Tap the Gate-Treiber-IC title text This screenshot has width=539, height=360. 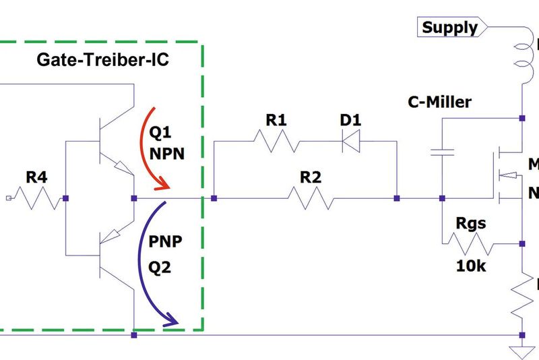point(102,61)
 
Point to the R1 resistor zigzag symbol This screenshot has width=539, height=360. point(276,142)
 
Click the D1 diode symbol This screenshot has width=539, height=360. point(350,142)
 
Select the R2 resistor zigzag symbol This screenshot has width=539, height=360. point(310,198)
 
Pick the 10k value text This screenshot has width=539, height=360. point(471,266)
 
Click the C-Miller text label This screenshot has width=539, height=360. point(440,102)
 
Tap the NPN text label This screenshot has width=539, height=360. point(166,153)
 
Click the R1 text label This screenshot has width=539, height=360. point(276,120)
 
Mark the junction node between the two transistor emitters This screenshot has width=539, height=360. point(134,198)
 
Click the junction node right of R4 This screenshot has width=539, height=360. point(65,198)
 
